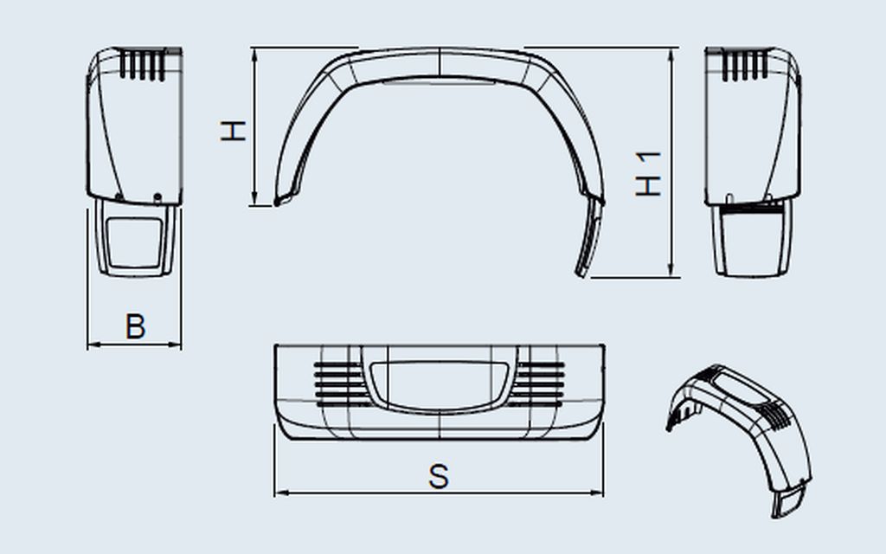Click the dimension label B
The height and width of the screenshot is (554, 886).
point(135,326)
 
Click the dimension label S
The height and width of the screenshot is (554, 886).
point(439,477)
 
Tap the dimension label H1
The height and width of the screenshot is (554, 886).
point(648,174)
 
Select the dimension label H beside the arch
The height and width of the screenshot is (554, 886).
point(233,131)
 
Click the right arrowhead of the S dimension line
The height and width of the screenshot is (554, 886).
point(597,493)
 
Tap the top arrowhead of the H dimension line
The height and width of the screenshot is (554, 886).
point(255,55)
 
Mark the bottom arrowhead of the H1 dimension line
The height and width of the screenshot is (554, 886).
point(671,270)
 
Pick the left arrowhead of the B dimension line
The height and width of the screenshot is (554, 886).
point(93,344)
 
